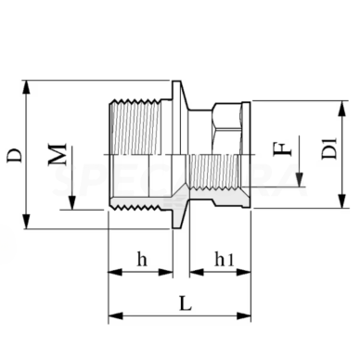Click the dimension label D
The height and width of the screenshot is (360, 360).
click(15, 154)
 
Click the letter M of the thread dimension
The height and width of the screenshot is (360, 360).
click(58, 154)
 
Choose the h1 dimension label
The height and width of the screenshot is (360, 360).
click(223, 261)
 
